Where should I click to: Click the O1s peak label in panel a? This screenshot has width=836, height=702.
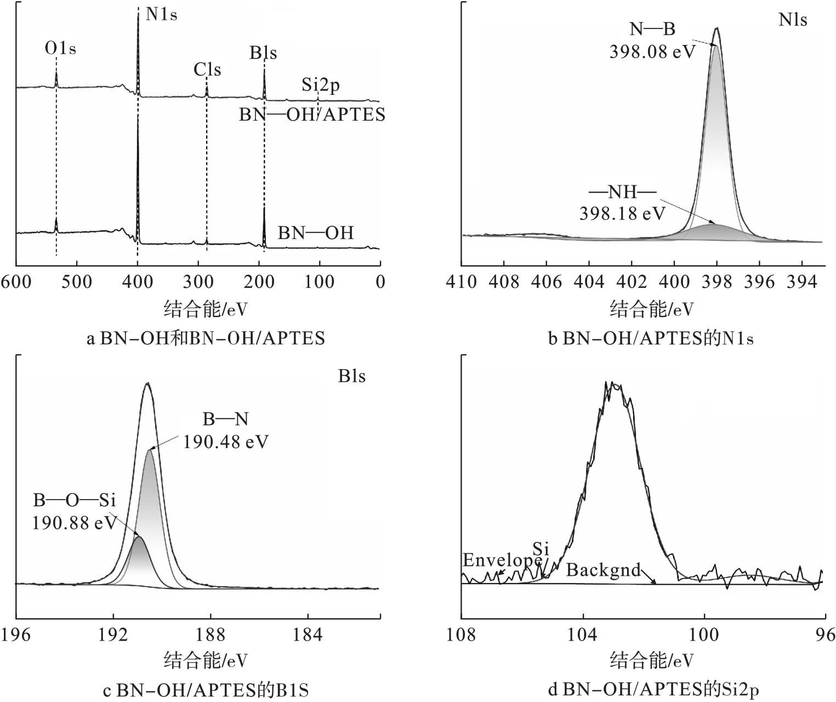coord(60,49)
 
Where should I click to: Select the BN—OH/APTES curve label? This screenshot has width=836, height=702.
coord(312,115)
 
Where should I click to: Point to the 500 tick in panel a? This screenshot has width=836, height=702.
coord(77,282)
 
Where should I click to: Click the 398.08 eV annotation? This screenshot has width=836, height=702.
coord(652,52)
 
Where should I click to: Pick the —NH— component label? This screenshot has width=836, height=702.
coord(622,193)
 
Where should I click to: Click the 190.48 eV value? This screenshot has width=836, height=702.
coord(226,441)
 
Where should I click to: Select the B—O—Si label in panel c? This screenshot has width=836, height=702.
coord(74,500)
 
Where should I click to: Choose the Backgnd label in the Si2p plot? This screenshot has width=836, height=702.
coord(603,570)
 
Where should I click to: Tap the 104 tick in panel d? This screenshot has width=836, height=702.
coord(583,635)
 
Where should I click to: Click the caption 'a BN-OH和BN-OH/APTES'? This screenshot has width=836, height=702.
coord(206,338)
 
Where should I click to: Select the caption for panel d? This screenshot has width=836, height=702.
coord(654,689)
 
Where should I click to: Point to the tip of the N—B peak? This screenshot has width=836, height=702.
coord(716,29)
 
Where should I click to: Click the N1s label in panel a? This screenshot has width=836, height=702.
coord(162,15)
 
